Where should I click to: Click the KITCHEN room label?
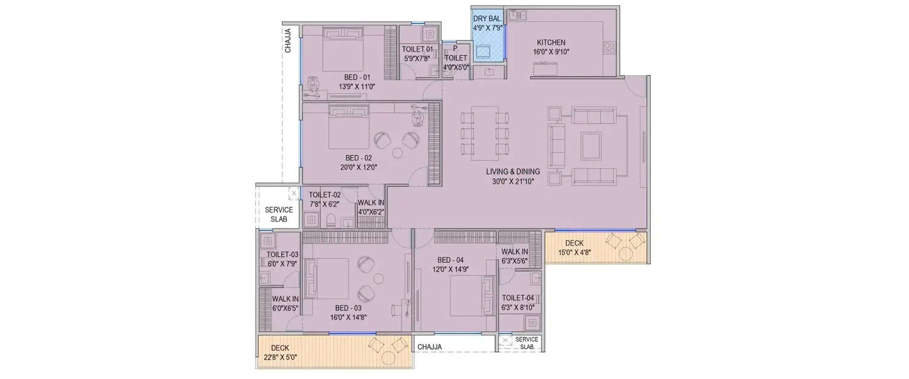click(x=551, y=42)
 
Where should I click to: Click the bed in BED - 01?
click(x=342, y=51)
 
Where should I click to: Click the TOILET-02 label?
click(x=324, y=195)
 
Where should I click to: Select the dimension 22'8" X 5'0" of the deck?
click(x=280, y=357)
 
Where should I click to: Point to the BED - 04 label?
click(x=450, y=260)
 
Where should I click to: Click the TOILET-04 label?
click(x=518, y=298)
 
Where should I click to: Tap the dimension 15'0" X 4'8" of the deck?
click(x=574, y=252)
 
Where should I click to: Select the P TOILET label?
click(x=456, y=58)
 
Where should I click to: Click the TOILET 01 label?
click(x=418, y=49)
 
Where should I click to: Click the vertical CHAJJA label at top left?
click(x=288, y=41)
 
